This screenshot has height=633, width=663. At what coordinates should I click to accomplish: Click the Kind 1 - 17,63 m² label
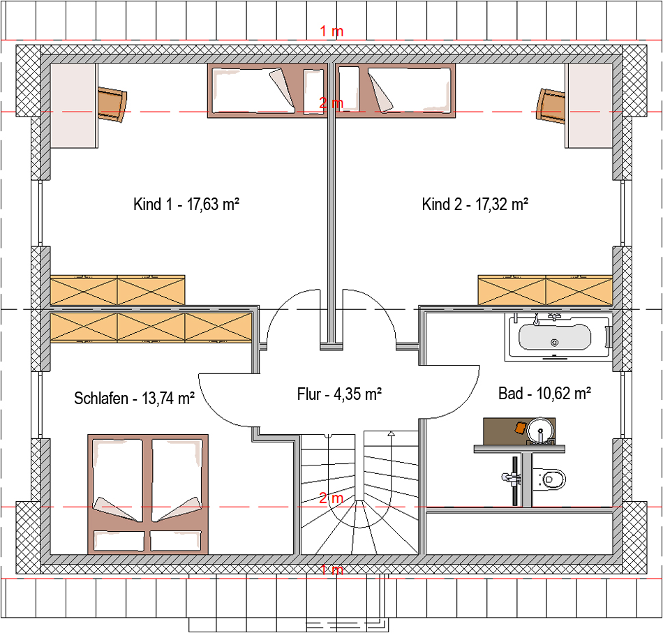tap(186, 204)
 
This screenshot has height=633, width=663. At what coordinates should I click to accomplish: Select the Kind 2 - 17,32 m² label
tap(475, 204)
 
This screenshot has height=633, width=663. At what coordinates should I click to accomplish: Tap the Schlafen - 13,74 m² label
tap(134, 399)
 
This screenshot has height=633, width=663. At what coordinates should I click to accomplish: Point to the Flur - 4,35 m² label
tap(340, 394)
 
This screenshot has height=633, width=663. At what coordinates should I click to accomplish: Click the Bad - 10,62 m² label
tap(544, 394)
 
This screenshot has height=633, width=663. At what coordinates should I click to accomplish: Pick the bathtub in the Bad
tap(558, 337)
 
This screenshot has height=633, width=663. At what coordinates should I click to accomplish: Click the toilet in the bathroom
tap(549, 479)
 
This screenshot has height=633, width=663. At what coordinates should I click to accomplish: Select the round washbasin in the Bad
tap(541, 430)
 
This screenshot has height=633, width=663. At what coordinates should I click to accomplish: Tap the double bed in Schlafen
tap(148, 494)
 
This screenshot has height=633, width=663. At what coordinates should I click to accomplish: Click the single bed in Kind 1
tap(268, 91)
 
